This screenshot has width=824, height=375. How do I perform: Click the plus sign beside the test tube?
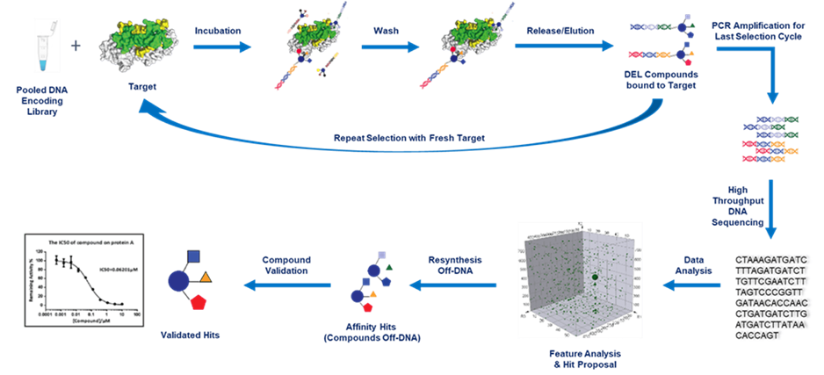(76, 45)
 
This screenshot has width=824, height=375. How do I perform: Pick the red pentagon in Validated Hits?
(198, 304)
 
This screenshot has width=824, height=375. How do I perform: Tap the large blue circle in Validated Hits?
(178, 280)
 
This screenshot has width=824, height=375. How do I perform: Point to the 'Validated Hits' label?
(188, 335)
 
